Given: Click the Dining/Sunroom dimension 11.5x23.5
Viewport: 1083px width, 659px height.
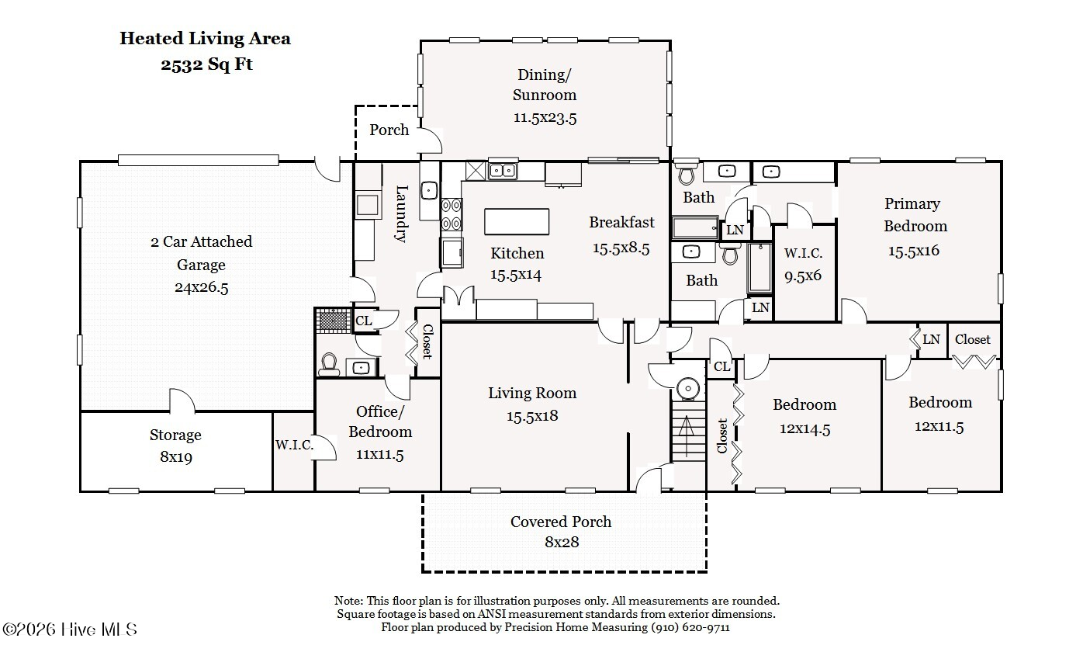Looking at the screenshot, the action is point(545,117).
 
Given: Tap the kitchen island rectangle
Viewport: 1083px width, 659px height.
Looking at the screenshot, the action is point(517,221).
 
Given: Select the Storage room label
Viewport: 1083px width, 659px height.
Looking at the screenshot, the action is point(175,435).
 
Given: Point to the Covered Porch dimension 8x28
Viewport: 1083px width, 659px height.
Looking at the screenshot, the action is point(562,542).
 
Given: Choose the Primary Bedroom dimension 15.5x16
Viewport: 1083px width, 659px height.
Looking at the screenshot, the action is point(914,251).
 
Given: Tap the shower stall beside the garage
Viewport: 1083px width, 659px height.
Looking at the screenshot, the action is point(333,320).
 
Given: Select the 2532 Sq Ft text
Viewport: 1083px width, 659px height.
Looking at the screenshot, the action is point(206,64).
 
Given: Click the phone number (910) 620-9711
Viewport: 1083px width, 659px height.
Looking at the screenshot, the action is point(690,627).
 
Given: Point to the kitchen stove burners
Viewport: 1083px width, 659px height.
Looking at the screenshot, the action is point(452,214).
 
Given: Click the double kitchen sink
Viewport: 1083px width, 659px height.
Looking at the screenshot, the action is point(503,171).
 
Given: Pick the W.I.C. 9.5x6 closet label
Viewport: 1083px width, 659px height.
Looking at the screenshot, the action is point(803,264).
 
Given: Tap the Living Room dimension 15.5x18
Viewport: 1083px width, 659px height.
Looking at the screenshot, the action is point(532,416).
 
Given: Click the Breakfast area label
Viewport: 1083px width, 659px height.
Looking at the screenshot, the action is point(621,223).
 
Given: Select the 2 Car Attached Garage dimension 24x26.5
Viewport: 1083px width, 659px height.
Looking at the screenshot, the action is point(201,287).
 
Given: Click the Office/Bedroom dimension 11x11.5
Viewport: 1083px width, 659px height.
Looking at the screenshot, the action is point(379,455).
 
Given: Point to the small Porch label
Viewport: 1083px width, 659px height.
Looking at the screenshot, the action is point(389,130).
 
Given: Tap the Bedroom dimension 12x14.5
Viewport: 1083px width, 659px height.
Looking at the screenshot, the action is point(804,429).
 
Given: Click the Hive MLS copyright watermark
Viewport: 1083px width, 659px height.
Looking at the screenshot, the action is point(70,630).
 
